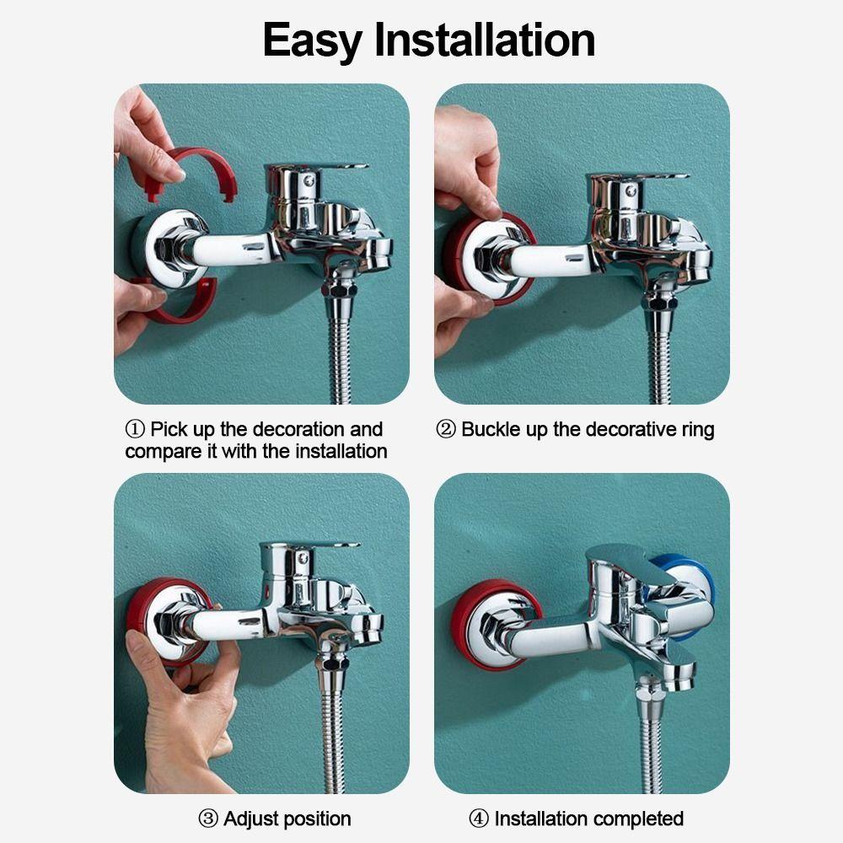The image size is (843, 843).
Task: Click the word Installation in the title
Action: click(x=485, y=40)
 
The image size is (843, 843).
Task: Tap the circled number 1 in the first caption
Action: click(x=135, y=429)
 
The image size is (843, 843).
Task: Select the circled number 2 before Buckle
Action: click(x=446, y=429)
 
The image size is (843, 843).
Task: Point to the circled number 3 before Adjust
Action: click(x=208, y=819)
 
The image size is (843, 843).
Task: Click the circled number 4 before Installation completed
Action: click(x=479, y=819)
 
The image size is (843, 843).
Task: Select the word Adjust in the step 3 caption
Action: click(x=251, y=819)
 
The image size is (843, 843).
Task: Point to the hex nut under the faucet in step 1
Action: click(x=339, y=290)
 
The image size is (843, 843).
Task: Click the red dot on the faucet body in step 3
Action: click(x=267, y=593)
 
